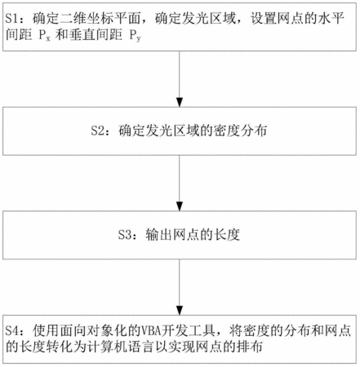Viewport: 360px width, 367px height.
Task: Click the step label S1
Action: (x=12, y=19)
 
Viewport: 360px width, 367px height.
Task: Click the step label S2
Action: (x=98, y=130)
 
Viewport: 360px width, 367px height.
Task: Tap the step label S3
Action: (x=125, y=235)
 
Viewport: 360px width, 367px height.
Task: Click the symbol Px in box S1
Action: (x=44, y=36)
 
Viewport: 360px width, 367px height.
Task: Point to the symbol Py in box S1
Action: (x=135, y=36)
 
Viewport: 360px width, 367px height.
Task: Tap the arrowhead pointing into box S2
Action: (x=180, y=102)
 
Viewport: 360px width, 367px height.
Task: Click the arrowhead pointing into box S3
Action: (x=180, y=206)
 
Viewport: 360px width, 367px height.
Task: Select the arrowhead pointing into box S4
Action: (x=180, y=310)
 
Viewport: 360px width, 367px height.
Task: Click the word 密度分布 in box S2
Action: (x=240, y=130)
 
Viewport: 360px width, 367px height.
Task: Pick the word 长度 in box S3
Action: (x=227, y=235)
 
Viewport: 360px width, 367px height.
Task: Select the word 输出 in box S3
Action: (x=158, y=235)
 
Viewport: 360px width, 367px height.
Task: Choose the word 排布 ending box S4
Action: (x=250, y=347)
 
